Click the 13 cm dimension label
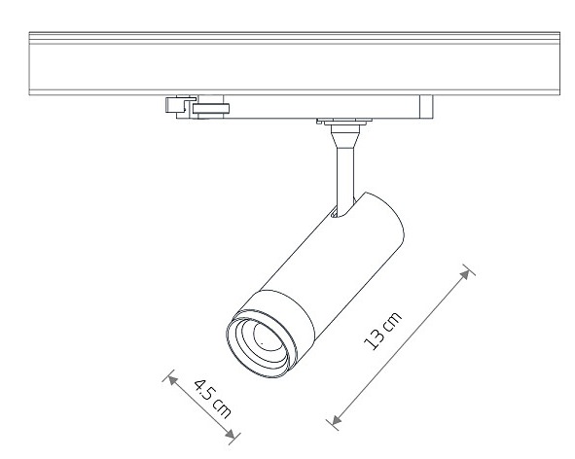click(382, 331)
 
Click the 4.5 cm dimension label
click(213, 399)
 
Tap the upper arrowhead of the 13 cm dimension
click(465, 274)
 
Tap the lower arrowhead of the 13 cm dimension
click(337, 420)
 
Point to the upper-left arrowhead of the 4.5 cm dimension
click(173, 380)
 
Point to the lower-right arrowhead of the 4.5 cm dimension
click(230, 434)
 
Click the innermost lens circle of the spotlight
click(267, 336)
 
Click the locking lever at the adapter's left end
click(180, 105)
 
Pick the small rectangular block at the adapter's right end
click(426, 107)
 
